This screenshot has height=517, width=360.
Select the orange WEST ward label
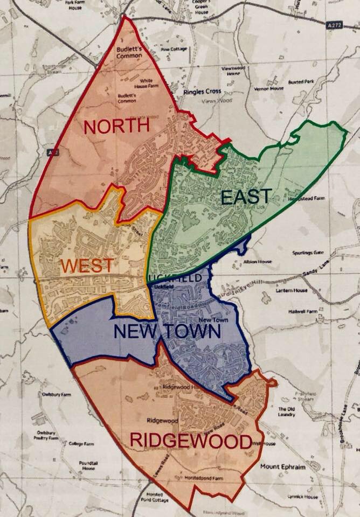tap(87, 265)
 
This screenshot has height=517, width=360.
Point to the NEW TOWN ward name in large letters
tap(167, 331)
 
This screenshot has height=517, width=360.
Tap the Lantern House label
tap(294, 290)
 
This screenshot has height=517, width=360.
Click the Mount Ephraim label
tap(282, 467)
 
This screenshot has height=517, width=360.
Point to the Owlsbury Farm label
tap(57, 395)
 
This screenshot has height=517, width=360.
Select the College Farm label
tap(81, 444)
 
